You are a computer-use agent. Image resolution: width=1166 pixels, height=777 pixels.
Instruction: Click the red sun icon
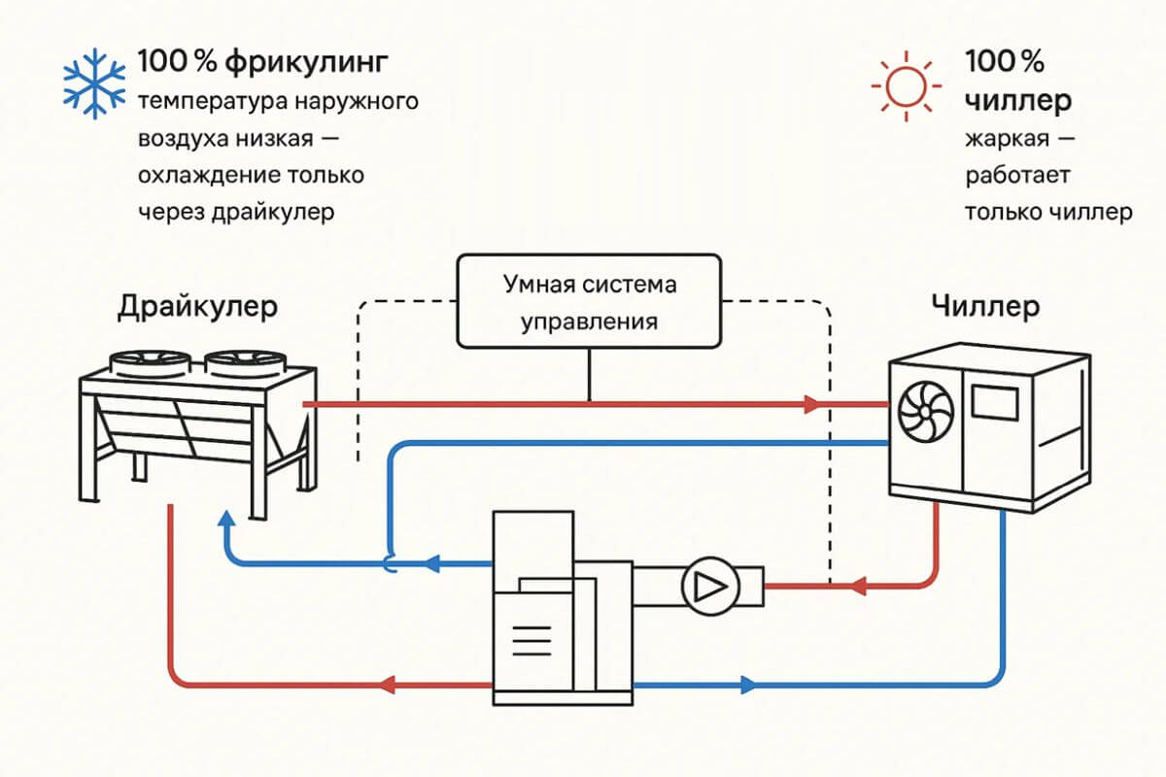coord(906,86)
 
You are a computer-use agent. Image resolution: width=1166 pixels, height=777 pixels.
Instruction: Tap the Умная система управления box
coord(589,301)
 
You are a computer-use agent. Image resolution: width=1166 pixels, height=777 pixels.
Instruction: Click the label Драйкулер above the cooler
coord(197,307)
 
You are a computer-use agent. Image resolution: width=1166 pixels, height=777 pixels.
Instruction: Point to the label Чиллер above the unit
coord(984,307)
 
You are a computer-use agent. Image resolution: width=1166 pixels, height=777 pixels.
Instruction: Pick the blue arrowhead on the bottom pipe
coord(748,684)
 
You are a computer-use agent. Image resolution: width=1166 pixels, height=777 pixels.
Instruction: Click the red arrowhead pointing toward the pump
coord(857,587)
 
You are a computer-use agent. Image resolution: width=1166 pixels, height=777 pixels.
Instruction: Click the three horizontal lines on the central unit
coord(531,642)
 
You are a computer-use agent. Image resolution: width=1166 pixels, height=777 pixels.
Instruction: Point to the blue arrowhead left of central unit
coord(430,562)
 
